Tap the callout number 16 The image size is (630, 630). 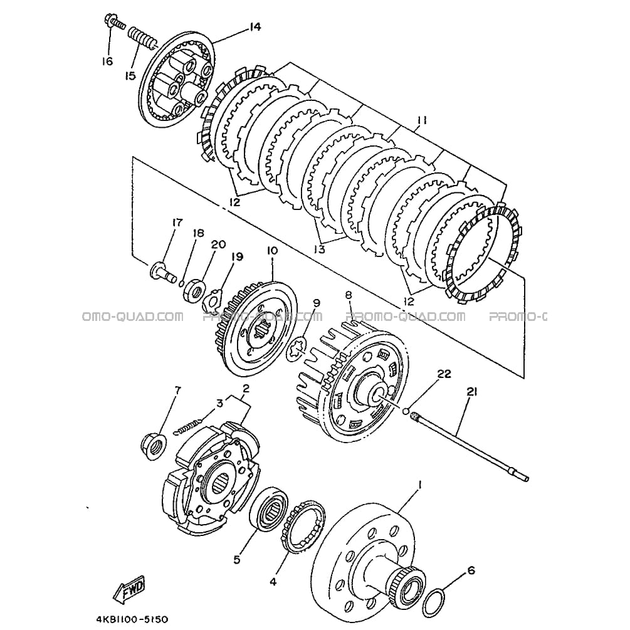tap(107, 61)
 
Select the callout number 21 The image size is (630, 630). tap(471, 392)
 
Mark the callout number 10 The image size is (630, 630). tap(272, 251)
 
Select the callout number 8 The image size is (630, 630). tap(349, 294)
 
